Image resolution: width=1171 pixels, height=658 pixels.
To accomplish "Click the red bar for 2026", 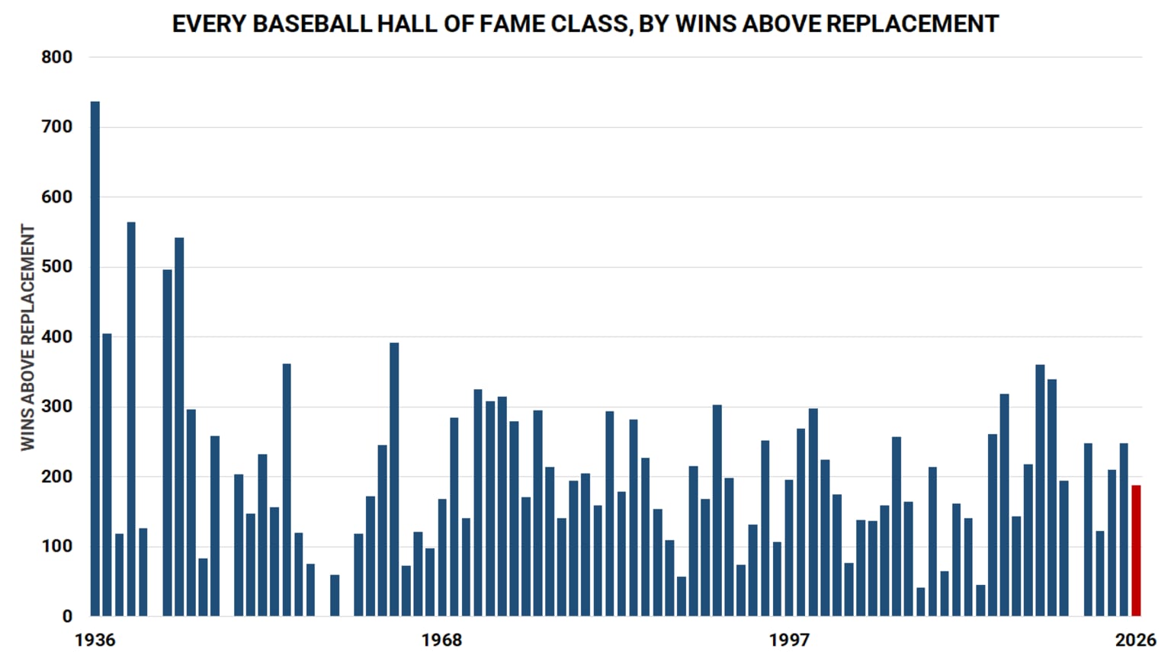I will (1136, 551).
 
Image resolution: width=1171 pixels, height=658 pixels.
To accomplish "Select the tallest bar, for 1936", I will (95, 359).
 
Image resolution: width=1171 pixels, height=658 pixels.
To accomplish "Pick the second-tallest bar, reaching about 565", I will (131, 419).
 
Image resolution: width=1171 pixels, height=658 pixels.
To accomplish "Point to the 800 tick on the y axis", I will (57, 57).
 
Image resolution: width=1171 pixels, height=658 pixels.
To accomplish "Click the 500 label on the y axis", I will (57, 267).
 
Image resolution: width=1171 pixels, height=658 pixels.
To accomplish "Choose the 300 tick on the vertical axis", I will (57, 407).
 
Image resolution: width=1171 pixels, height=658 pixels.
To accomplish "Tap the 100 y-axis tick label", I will (57, 547).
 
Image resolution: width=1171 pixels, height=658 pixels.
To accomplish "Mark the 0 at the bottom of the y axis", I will (67, 616).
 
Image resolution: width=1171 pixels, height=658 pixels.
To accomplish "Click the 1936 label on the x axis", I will (95, 640).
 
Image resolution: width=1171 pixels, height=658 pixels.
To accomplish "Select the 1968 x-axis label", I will (442, 640).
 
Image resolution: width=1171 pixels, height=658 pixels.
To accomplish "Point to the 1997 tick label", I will (789, 640).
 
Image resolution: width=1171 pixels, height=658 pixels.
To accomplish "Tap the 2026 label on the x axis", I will (1135, 640).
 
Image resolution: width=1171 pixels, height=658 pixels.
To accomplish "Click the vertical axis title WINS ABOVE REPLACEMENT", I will (28, 337).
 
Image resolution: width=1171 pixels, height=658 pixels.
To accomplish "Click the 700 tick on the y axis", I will (57, 127).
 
